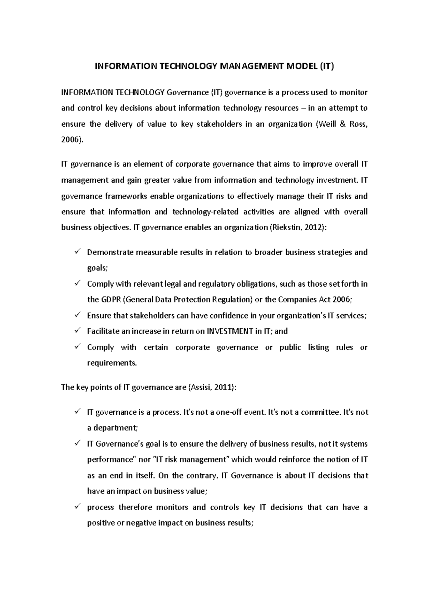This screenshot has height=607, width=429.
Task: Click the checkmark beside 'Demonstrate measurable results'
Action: pos(77,252)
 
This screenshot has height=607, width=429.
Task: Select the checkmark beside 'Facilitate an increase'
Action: pos(77,331)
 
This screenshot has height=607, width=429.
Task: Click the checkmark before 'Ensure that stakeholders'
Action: pos(77,315)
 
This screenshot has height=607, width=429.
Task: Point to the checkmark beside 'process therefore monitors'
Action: pos(77,507)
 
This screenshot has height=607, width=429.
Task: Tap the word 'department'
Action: pos(114,428)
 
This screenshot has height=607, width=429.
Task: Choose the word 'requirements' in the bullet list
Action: pos(112,363)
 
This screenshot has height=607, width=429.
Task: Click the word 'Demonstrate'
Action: pos(110,252)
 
